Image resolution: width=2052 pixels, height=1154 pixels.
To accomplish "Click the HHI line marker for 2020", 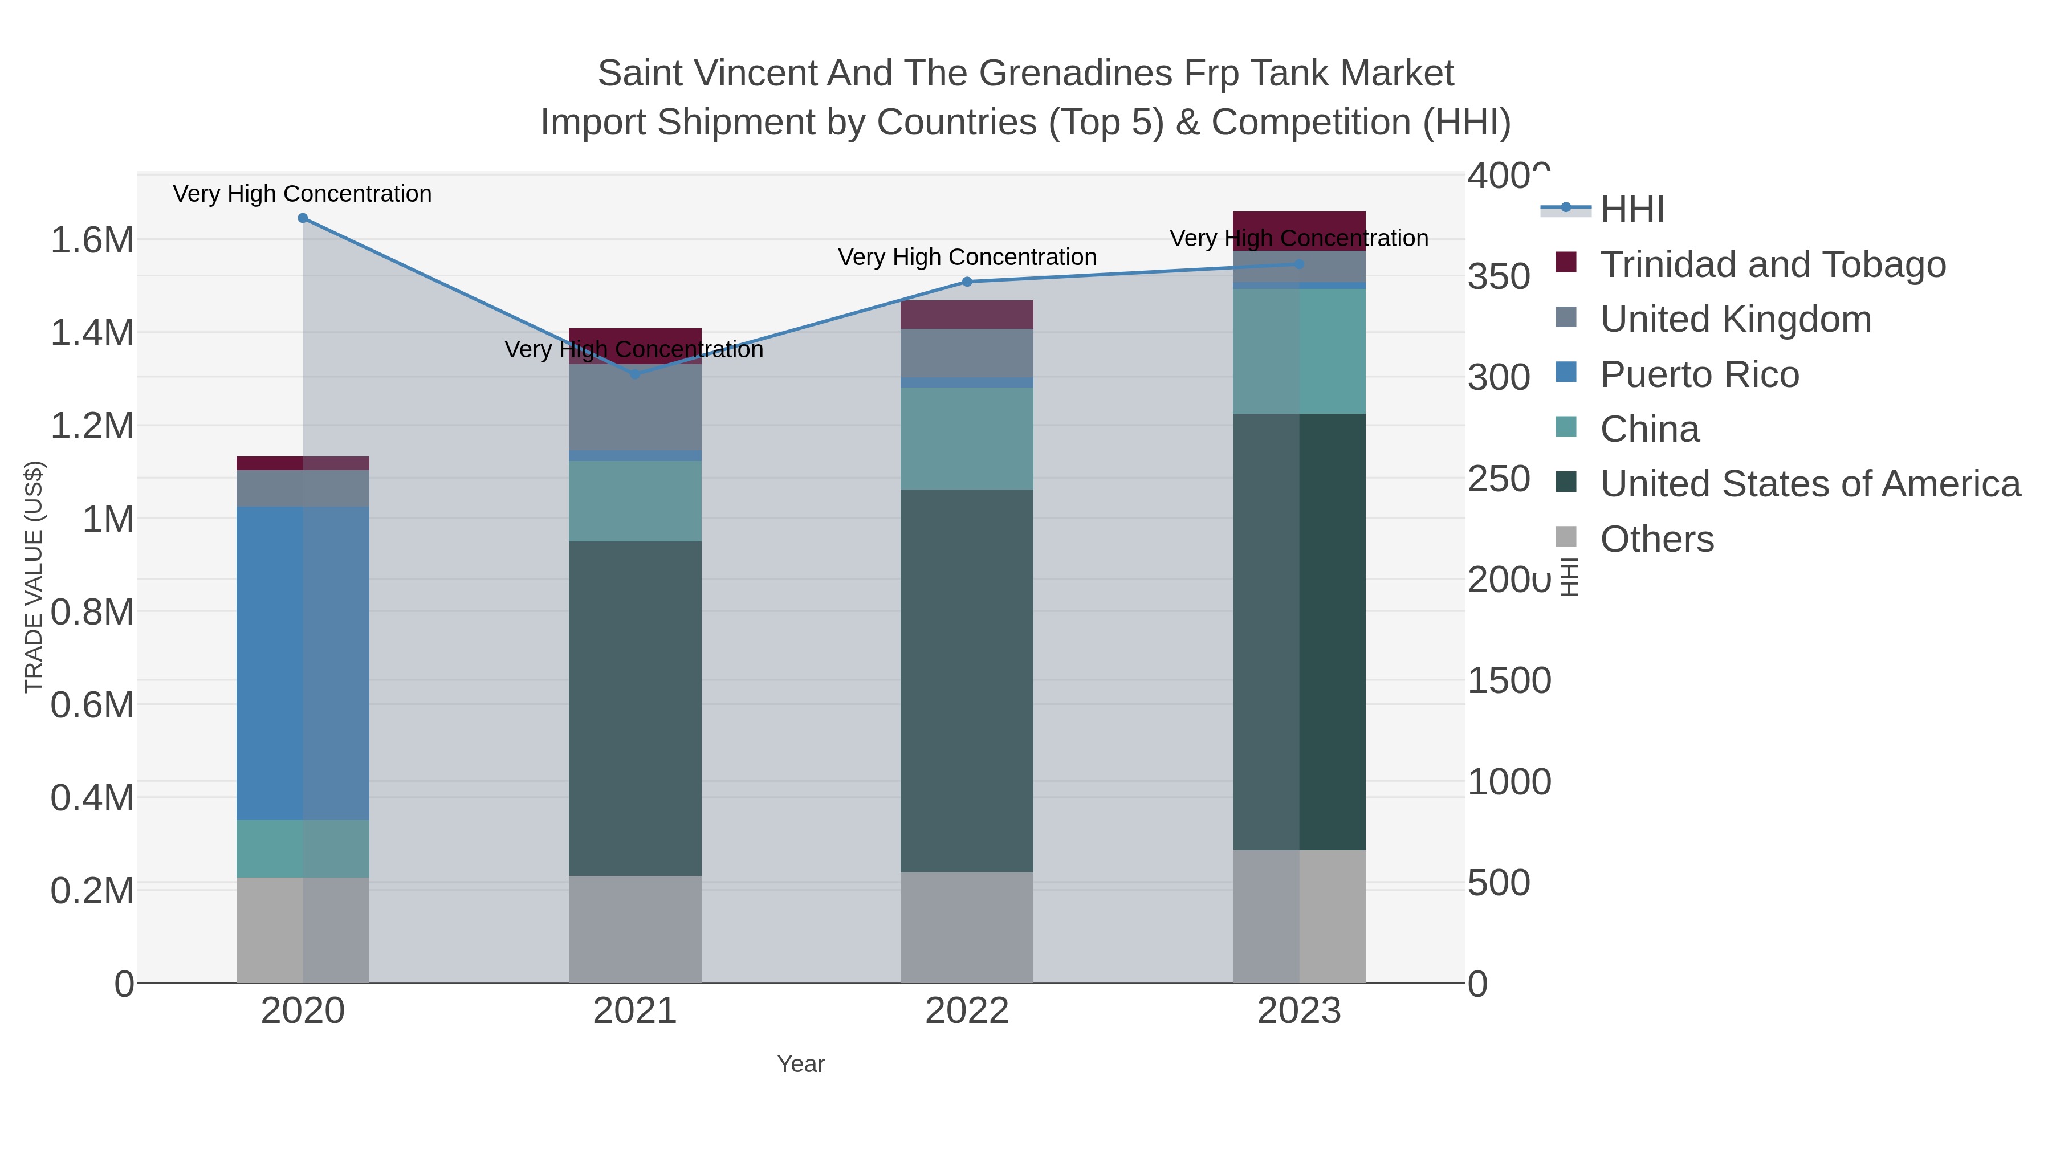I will pos(303,218).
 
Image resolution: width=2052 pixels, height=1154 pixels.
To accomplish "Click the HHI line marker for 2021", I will pos(635,374).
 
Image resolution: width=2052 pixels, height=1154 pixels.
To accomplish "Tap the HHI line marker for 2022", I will pos(967,282).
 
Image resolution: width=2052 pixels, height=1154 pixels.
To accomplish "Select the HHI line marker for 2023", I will pos(1299,264).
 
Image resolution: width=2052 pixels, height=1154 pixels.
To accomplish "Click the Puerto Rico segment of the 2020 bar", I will pos(303,663).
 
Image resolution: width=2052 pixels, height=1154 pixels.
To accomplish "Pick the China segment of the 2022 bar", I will pos(967,438).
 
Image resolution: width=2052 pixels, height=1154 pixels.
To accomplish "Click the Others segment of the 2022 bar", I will pos(967,927).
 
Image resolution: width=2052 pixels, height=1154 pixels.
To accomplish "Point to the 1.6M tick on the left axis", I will pos(92,240).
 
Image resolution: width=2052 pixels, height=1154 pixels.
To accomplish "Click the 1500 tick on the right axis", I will pos(1509,681).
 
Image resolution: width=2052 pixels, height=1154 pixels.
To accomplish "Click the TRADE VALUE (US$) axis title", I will pos(34,577).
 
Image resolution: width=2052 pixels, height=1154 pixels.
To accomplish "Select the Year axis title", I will pos(801,1064).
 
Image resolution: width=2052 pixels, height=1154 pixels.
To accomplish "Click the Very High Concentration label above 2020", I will pos(303,194).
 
